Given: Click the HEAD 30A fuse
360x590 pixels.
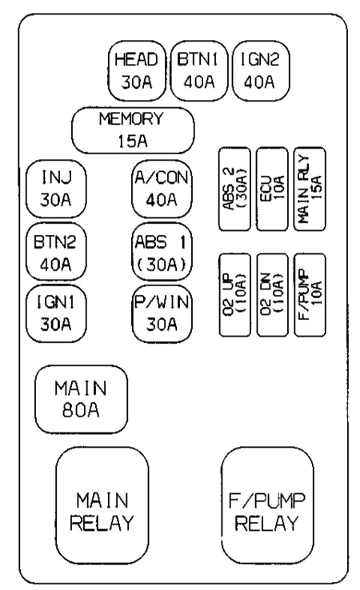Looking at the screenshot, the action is (x=137, y=70).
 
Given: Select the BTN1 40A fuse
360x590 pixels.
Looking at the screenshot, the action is (x=199, y=70).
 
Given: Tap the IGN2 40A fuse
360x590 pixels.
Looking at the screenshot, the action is (x=261, y=70).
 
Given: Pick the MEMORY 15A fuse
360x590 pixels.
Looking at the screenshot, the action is (x=133, y=130).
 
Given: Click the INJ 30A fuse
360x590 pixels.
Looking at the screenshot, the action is (x=56, y=189).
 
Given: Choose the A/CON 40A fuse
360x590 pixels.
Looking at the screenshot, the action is (x=162, y=189).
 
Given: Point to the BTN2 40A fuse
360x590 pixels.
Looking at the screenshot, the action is (x=56, y=252).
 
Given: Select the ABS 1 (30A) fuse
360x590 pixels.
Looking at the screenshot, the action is (x=162, y=252).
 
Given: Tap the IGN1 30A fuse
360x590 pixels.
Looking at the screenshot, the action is (x=56, y=313).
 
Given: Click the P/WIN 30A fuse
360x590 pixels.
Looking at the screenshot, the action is (x=162, y=313).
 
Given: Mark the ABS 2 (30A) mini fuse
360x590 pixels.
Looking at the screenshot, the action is (x=234, y=189).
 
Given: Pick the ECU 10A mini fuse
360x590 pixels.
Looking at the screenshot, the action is (x=272, y=189).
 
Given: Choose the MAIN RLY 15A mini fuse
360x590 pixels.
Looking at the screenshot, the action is (x=310, y=189).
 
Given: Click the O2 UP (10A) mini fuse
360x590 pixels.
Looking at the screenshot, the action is (x=234, y=295).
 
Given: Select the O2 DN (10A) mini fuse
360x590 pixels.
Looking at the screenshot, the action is (x=272, y=295).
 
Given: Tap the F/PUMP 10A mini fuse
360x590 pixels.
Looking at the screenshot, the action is (x=310, y=295).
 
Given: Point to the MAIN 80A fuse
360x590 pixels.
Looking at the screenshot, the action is (x=82, y=399).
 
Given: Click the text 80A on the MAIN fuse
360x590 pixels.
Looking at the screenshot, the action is (x=81, y=410).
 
